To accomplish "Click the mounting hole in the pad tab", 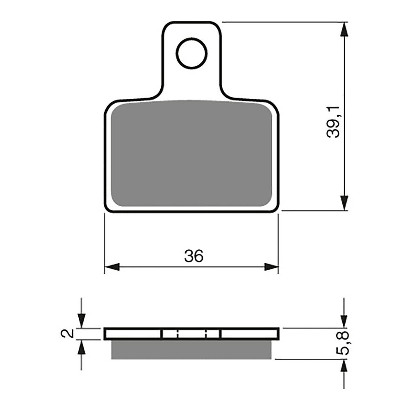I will tap(191, 53).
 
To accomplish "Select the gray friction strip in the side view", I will tap(191, 349).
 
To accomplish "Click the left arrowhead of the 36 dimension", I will tap(112, 267).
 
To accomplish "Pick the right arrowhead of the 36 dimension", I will tap(271, 267).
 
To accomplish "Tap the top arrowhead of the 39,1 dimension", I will tap(344, 29).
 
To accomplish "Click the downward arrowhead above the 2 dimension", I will tap(82, 320).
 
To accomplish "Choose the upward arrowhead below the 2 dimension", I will tap(82, 348).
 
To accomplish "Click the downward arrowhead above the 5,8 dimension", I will tap(344, 320).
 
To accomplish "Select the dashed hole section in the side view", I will tap(191, 334).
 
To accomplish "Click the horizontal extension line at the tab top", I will tap(283, 22).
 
